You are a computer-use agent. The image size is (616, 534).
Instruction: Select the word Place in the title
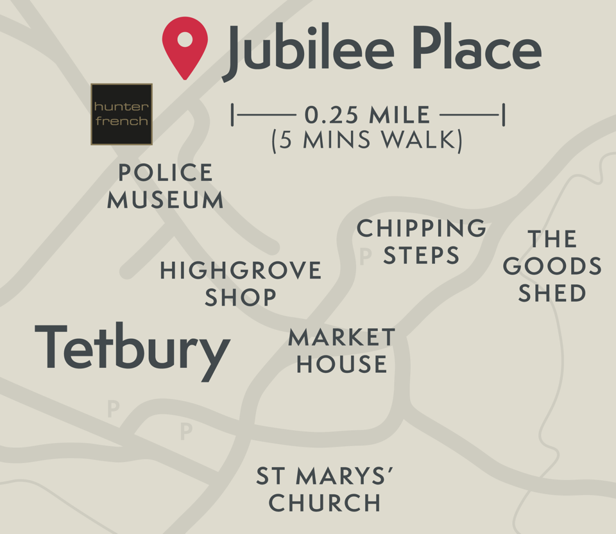[475, 49]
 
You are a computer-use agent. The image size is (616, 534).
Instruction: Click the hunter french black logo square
[121, 114]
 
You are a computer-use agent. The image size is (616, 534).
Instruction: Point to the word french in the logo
[121, 121]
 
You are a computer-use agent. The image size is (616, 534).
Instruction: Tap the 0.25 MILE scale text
[367, 116]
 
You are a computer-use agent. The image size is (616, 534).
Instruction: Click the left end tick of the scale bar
[233, 116]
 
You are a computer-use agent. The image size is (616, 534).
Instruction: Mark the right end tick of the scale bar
[504, 116]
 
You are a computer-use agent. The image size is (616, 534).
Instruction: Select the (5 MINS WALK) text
[367, 141]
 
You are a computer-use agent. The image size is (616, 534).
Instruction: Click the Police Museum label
[165, 186]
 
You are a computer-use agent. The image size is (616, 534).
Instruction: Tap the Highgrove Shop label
[241, 283]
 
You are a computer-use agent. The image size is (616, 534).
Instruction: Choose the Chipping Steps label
[422, 241]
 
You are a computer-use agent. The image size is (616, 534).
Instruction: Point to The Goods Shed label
[552, 266]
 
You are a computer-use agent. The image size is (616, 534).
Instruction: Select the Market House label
[342, 350]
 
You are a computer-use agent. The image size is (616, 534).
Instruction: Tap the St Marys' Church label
[325, 489]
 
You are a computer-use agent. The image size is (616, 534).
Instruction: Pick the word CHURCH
[325, 503]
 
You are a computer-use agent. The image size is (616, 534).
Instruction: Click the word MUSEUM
[165, 200]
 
